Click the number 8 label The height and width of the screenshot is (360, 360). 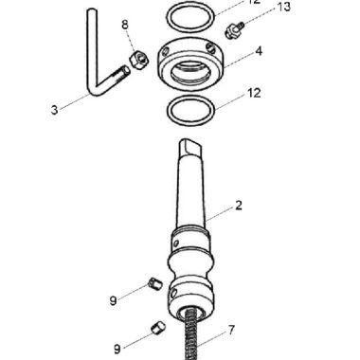pos(124,23)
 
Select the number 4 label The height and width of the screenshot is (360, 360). pos(257,52)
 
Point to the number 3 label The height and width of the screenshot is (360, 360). pos(54,109)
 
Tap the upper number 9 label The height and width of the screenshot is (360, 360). pos(113,300)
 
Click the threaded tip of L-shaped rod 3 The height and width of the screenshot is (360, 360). pos(120,73)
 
